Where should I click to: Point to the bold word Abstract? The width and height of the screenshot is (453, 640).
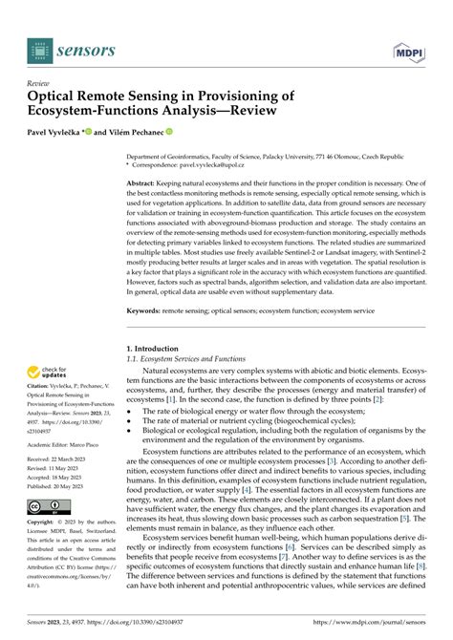pyautogui.click(x=144, y=182)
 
